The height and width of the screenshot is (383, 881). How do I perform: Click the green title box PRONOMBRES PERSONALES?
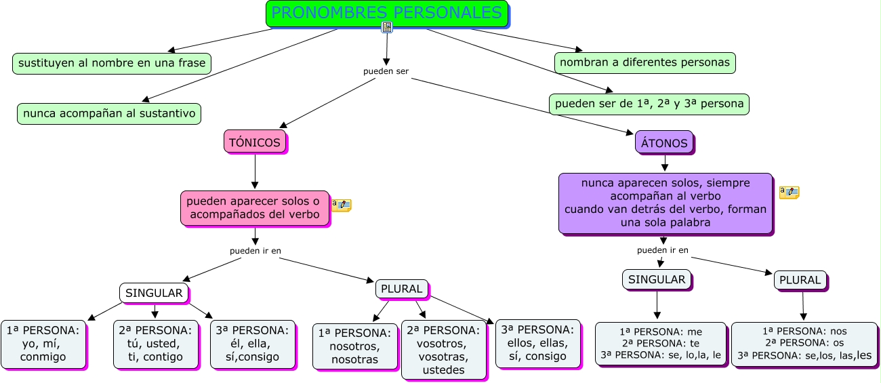click(387, 14)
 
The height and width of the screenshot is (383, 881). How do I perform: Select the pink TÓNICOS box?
click(255, 142)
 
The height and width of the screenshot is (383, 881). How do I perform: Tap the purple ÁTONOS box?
click(664, 143)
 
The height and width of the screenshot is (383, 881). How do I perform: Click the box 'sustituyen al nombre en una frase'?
click(112, 63)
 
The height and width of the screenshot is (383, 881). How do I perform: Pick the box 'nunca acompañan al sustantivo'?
click(109, 113)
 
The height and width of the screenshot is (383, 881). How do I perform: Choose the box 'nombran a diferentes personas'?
click(645, 62)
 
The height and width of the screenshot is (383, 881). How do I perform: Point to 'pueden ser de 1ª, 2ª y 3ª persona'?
click(649, 104)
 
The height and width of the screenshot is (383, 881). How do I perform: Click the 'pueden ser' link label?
click(386, 71)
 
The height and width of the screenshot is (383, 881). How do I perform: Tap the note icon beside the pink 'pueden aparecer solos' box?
click(342, 204)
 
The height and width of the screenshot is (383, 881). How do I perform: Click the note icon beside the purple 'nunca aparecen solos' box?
click(789, 193)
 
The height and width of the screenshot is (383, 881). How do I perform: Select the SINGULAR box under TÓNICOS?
click(154, 293)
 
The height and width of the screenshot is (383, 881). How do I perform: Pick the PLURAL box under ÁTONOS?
click(800, 280)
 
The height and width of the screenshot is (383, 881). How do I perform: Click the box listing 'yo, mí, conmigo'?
click(43, 344)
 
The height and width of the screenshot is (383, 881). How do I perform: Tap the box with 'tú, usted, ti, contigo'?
click(155, 344)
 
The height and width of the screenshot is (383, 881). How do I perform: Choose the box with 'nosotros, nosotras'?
click(355, 346)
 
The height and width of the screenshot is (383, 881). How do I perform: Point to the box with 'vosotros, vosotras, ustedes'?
click(443, 350)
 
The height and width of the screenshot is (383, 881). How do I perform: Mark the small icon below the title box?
click(387, 27)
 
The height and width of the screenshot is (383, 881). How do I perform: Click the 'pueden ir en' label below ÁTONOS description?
click(663, 250)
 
